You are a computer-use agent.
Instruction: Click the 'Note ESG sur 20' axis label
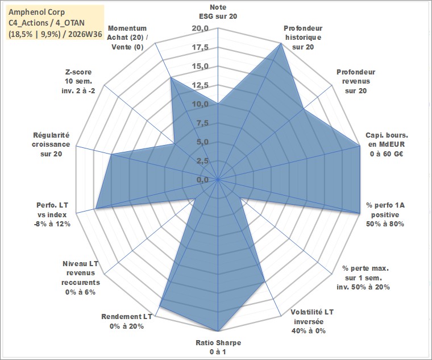[x=218, y=11]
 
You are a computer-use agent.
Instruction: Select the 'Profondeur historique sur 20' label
[x=303, y=38]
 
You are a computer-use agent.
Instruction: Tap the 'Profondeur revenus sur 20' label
[x=356, y=81]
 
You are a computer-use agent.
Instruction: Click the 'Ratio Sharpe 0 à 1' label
[x=218, y=347]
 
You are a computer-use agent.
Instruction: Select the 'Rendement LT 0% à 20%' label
[x=126, y=321]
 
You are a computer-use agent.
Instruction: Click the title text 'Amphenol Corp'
[x=37, y=12]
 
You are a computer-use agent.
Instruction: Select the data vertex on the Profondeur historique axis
[x=281, y=43]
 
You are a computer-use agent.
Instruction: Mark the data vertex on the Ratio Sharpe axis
[x=218, y=331]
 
